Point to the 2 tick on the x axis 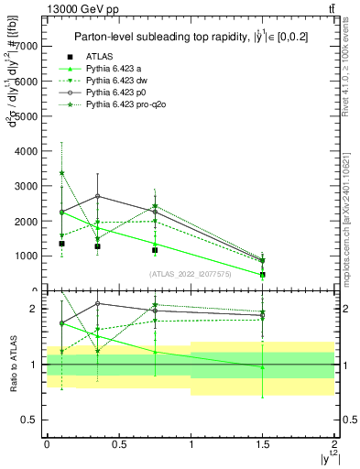coord(334,442)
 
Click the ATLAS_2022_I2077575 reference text coord(191,273)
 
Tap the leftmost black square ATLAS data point coord(61,244)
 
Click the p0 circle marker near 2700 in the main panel coord(97,196)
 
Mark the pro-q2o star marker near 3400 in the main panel coord(61,172)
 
